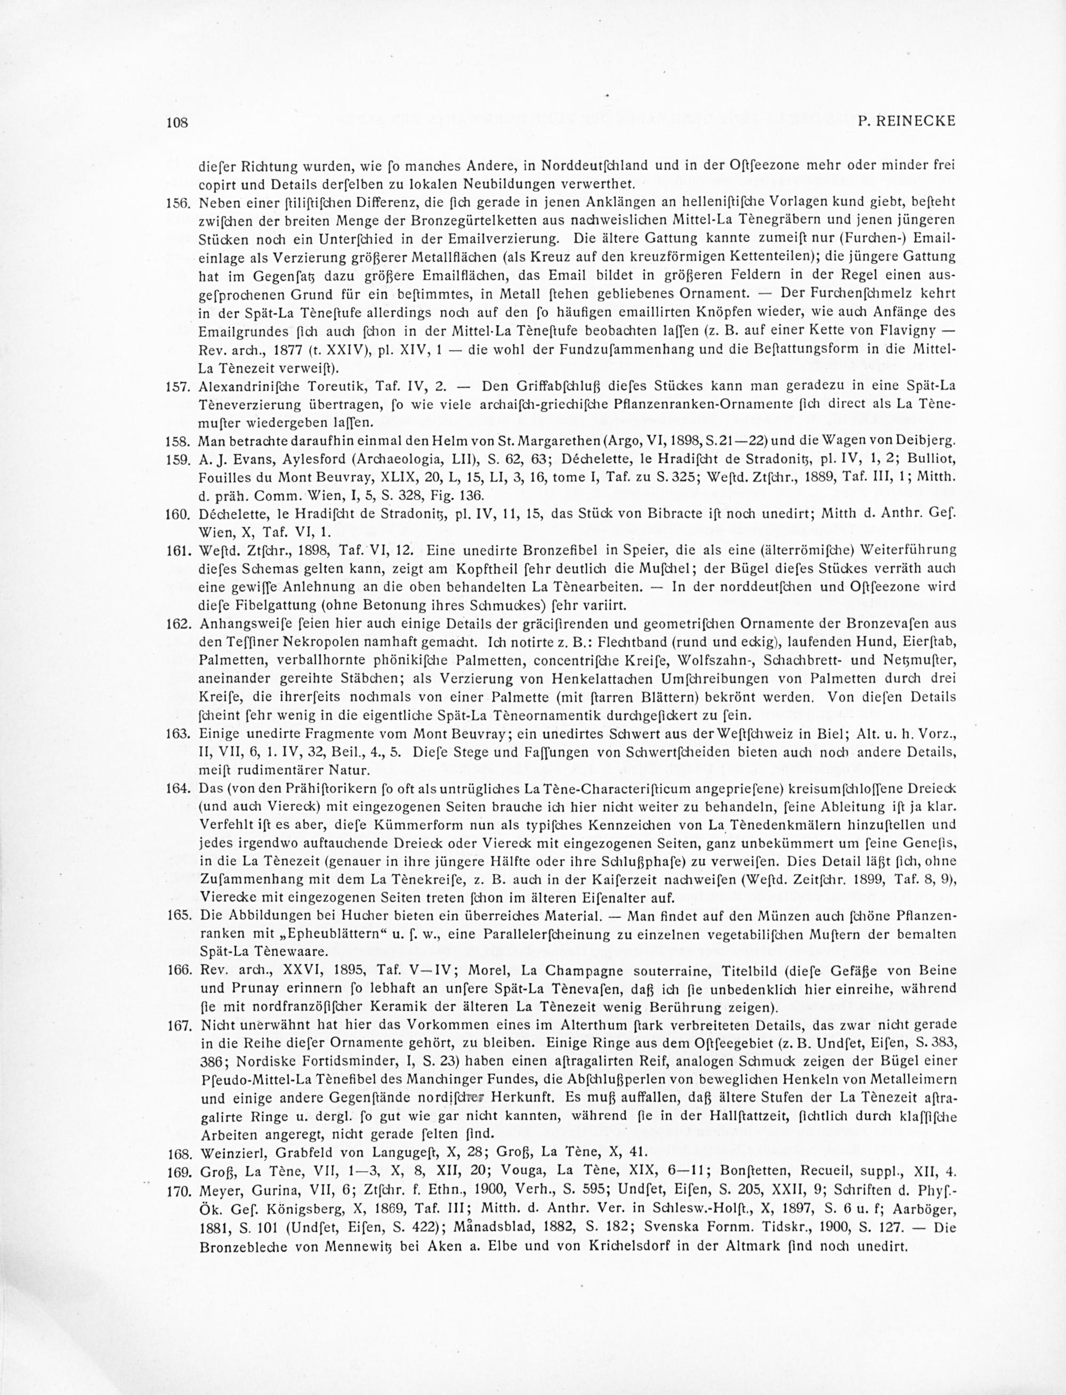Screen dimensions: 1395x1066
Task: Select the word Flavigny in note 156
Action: [x=909, y=332]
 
